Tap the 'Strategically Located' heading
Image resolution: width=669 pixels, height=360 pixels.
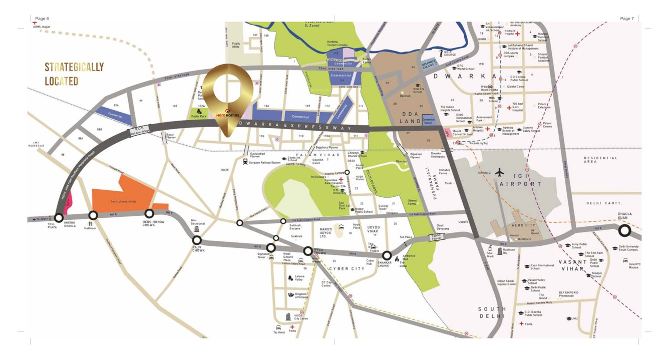74,74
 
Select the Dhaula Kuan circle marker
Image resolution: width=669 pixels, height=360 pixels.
624,231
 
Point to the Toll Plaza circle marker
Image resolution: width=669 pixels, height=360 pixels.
59,218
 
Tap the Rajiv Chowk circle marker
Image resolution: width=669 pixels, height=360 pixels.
196,240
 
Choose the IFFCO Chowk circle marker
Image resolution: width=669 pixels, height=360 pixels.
308,250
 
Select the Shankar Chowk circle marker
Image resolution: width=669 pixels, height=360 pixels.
387,255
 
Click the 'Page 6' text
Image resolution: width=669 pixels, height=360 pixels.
42,19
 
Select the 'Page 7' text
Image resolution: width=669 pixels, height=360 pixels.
626,19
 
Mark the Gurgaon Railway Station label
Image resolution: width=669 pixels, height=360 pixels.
265,163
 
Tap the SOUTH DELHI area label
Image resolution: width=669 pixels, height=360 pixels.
492,313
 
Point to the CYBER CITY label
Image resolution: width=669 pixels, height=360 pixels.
347,269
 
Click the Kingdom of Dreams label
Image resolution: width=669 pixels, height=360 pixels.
301,295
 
